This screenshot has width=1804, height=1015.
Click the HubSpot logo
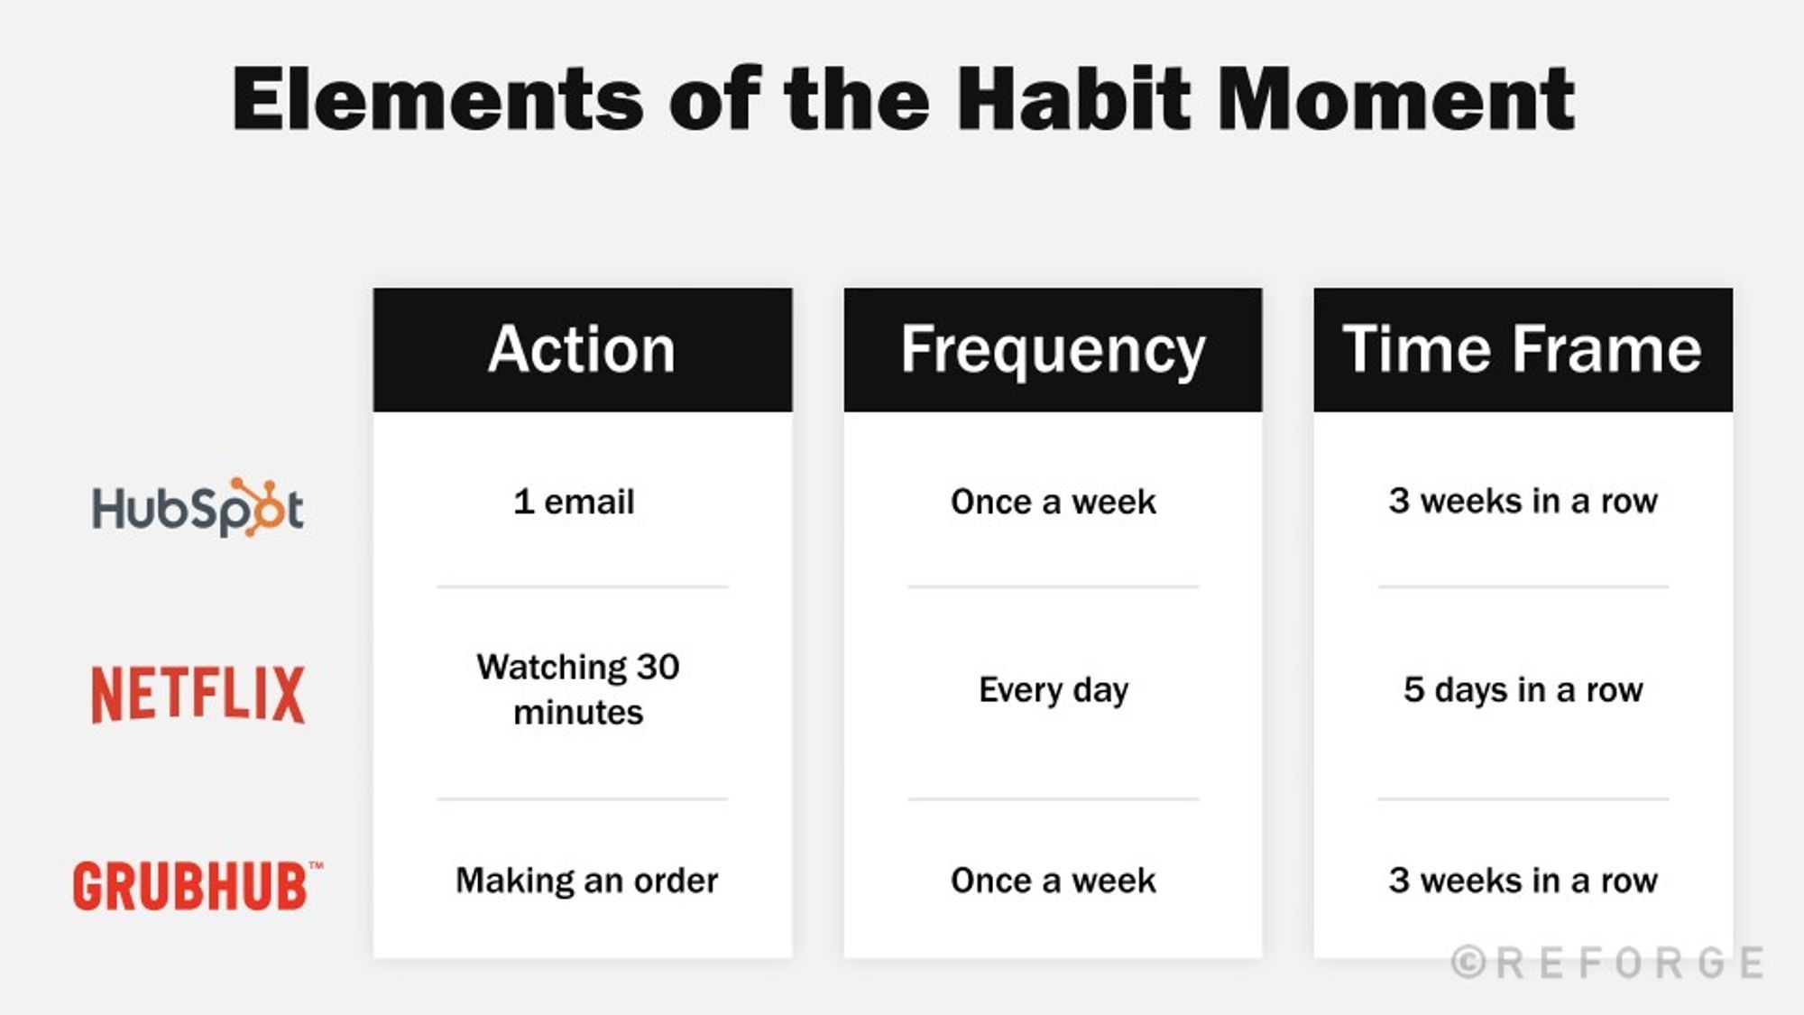click(198, 508)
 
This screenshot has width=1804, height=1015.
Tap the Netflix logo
click(198, 694)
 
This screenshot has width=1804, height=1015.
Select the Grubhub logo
click(195, 885)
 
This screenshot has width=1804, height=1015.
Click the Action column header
click(582, 350)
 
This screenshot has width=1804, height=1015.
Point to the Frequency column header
click(1053, 350)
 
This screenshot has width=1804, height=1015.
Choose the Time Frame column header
click(1523, 350)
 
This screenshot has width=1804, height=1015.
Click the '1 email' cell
click(575, 502)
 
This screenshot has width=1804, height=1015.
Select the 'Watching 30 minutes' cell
click(578, 689)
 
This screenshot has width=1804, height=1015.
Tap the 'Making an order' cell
click(586, 881)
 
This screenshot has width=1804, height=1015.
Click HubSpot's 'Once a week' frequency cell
click(1053, 502)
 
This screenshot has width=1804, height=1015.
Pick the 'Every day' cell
click(1053, 690)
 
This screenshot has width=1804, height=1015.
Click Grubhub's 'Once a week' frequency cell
click(1053, 881)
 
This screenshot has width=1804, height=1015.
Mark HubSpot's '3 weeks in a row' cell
click(1523, 501)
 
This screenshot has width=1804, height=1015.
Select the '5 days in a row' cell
click(1523, 690)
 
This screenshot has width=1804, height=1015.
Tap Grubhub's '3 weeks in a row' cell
click(1523, 881)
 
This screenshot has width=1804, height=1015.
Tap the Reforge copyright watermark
click(1607, 963)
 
